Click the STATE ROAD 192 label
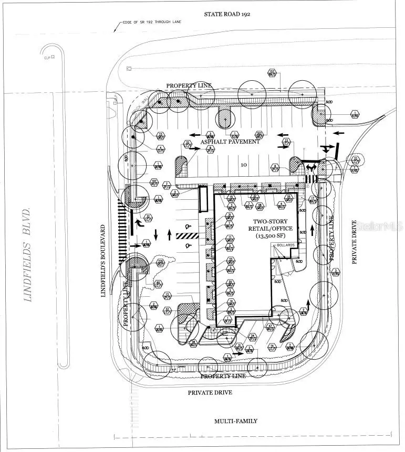(227, 15)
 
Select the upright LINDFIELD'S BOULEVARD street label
(103, 261)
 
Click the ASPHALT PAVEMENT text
(229, 142)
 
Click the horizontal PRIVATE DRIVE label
(210, 392)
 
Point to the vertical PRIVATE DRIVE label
(354, 242)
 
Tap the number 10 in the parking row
(243, 165)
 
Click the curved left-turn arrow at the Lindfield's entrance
(140, 224)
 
